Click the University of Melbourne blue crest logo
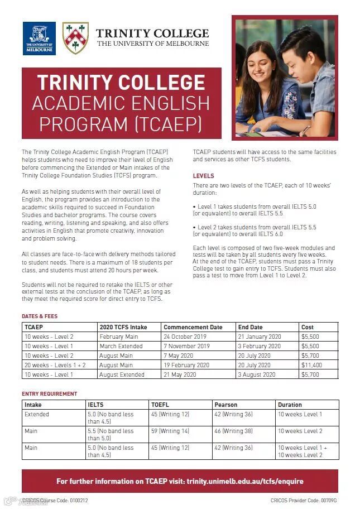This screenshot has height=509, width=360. click(x=39, y=38)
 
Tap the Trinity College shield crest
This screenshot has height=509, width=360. click(x=75, y=38)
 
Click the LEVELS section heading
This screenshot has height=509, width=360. click(x=204, y=176)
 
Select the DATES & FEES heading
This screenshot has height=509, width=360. click(x=40, y=316)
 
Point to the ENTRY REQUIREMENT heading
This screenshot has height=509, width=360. click(x=50, y=394)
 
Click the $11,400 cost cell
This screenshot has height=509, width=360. click(x=311, y=365)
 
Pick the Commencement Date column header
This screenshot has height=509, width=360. click(x=193, y=327)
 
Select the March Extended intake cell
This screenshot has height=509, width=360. click(x=121, y=346)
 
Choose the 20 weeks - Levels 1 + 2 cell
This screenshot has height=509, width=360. click(x=54, y=365)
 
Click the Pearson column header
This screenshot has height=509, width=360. click(x=225, y=405)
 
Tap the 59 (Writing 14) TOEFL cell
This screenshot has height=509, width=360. click(x=170, y=431)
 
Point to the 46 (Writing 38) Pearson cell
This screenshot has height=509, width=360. click(x=233, y=431)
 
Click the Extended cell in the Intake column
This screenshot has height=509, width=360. click(x=37, y=414)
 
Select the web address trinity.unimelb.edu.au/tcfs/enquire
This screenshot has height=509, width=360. click(x=245, y=481)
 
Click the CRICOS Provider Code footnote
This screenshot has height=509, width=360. click(x=304, y=501)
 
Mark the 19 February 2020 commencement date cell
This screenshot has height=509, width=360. click(x=186, y=365)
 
